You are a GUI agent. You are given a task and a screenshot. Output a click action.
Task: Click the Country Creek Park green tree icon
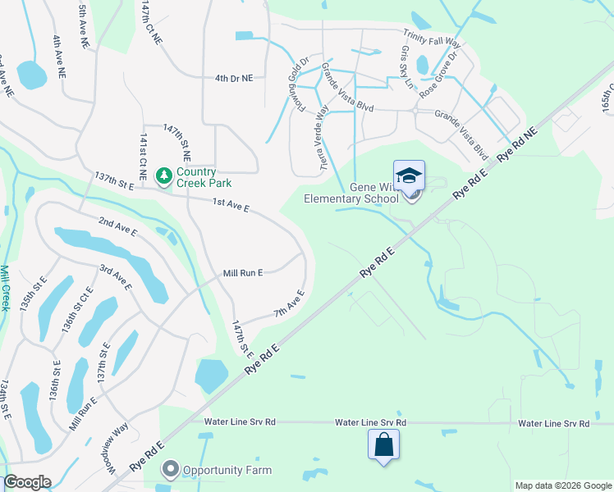coord(164,175)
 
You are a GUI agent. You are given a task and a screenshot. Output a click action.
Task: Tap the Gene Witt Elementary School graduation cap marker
coord(409,176)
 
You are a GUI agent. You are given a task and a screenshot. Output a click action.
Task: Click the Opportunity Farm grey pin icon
coord(171,470)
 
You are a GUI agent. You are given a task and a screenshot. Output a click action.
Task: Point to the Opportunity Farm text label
coord(227,471)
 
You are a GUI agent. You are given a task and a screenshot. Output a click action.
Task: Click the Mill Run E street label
coord(243,273)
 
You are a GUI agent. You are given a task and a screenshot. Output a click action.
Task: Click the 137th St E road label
coord(114,181)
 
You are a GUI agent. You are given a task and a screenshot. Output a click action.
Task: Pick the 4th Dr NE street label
coord(234,79)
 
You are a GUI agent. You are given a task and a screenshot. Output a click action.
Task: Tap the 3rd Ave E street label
coord(116,276)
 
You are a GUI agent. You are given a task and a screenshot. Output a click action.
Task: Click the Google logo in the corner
coord(28,481)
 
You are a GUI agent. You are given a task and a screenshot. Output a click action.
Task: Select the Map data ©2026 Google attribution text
coord(562,485)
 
